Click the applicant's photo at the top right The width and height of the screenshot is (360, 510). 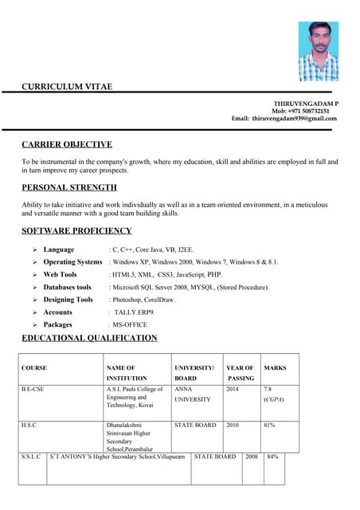(318, 51)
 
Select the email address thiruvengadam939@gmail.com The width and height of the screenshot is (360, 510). (295, 118)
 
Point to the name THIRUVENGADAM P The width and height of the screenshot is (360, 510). (306, 104)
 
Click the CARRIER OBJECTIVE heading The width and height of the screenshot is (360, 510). (66, 144)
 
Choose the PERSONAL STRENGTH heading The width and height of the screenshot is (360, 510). (69, 187)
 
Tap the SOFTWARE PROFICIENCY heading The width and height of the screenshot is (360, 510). (76, 230)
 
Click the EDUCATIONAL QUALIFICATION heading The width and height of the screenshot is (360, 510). (89, 338)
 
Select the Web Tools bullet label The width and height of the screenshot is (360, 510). (60, 274)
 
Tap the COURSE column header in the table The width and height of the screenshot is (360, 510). (34, 368)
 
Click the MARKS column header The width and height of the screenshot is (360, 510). (275, 368)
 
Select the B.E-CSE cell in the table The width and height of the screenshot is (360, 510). (33, 389)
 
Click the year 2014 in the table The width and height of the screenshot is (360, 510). (232, 389)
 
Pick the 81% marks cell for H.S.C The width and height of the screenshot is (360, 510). (269, 425)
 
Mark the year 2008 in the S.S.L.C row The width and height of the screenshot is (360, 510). (252, 457)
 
